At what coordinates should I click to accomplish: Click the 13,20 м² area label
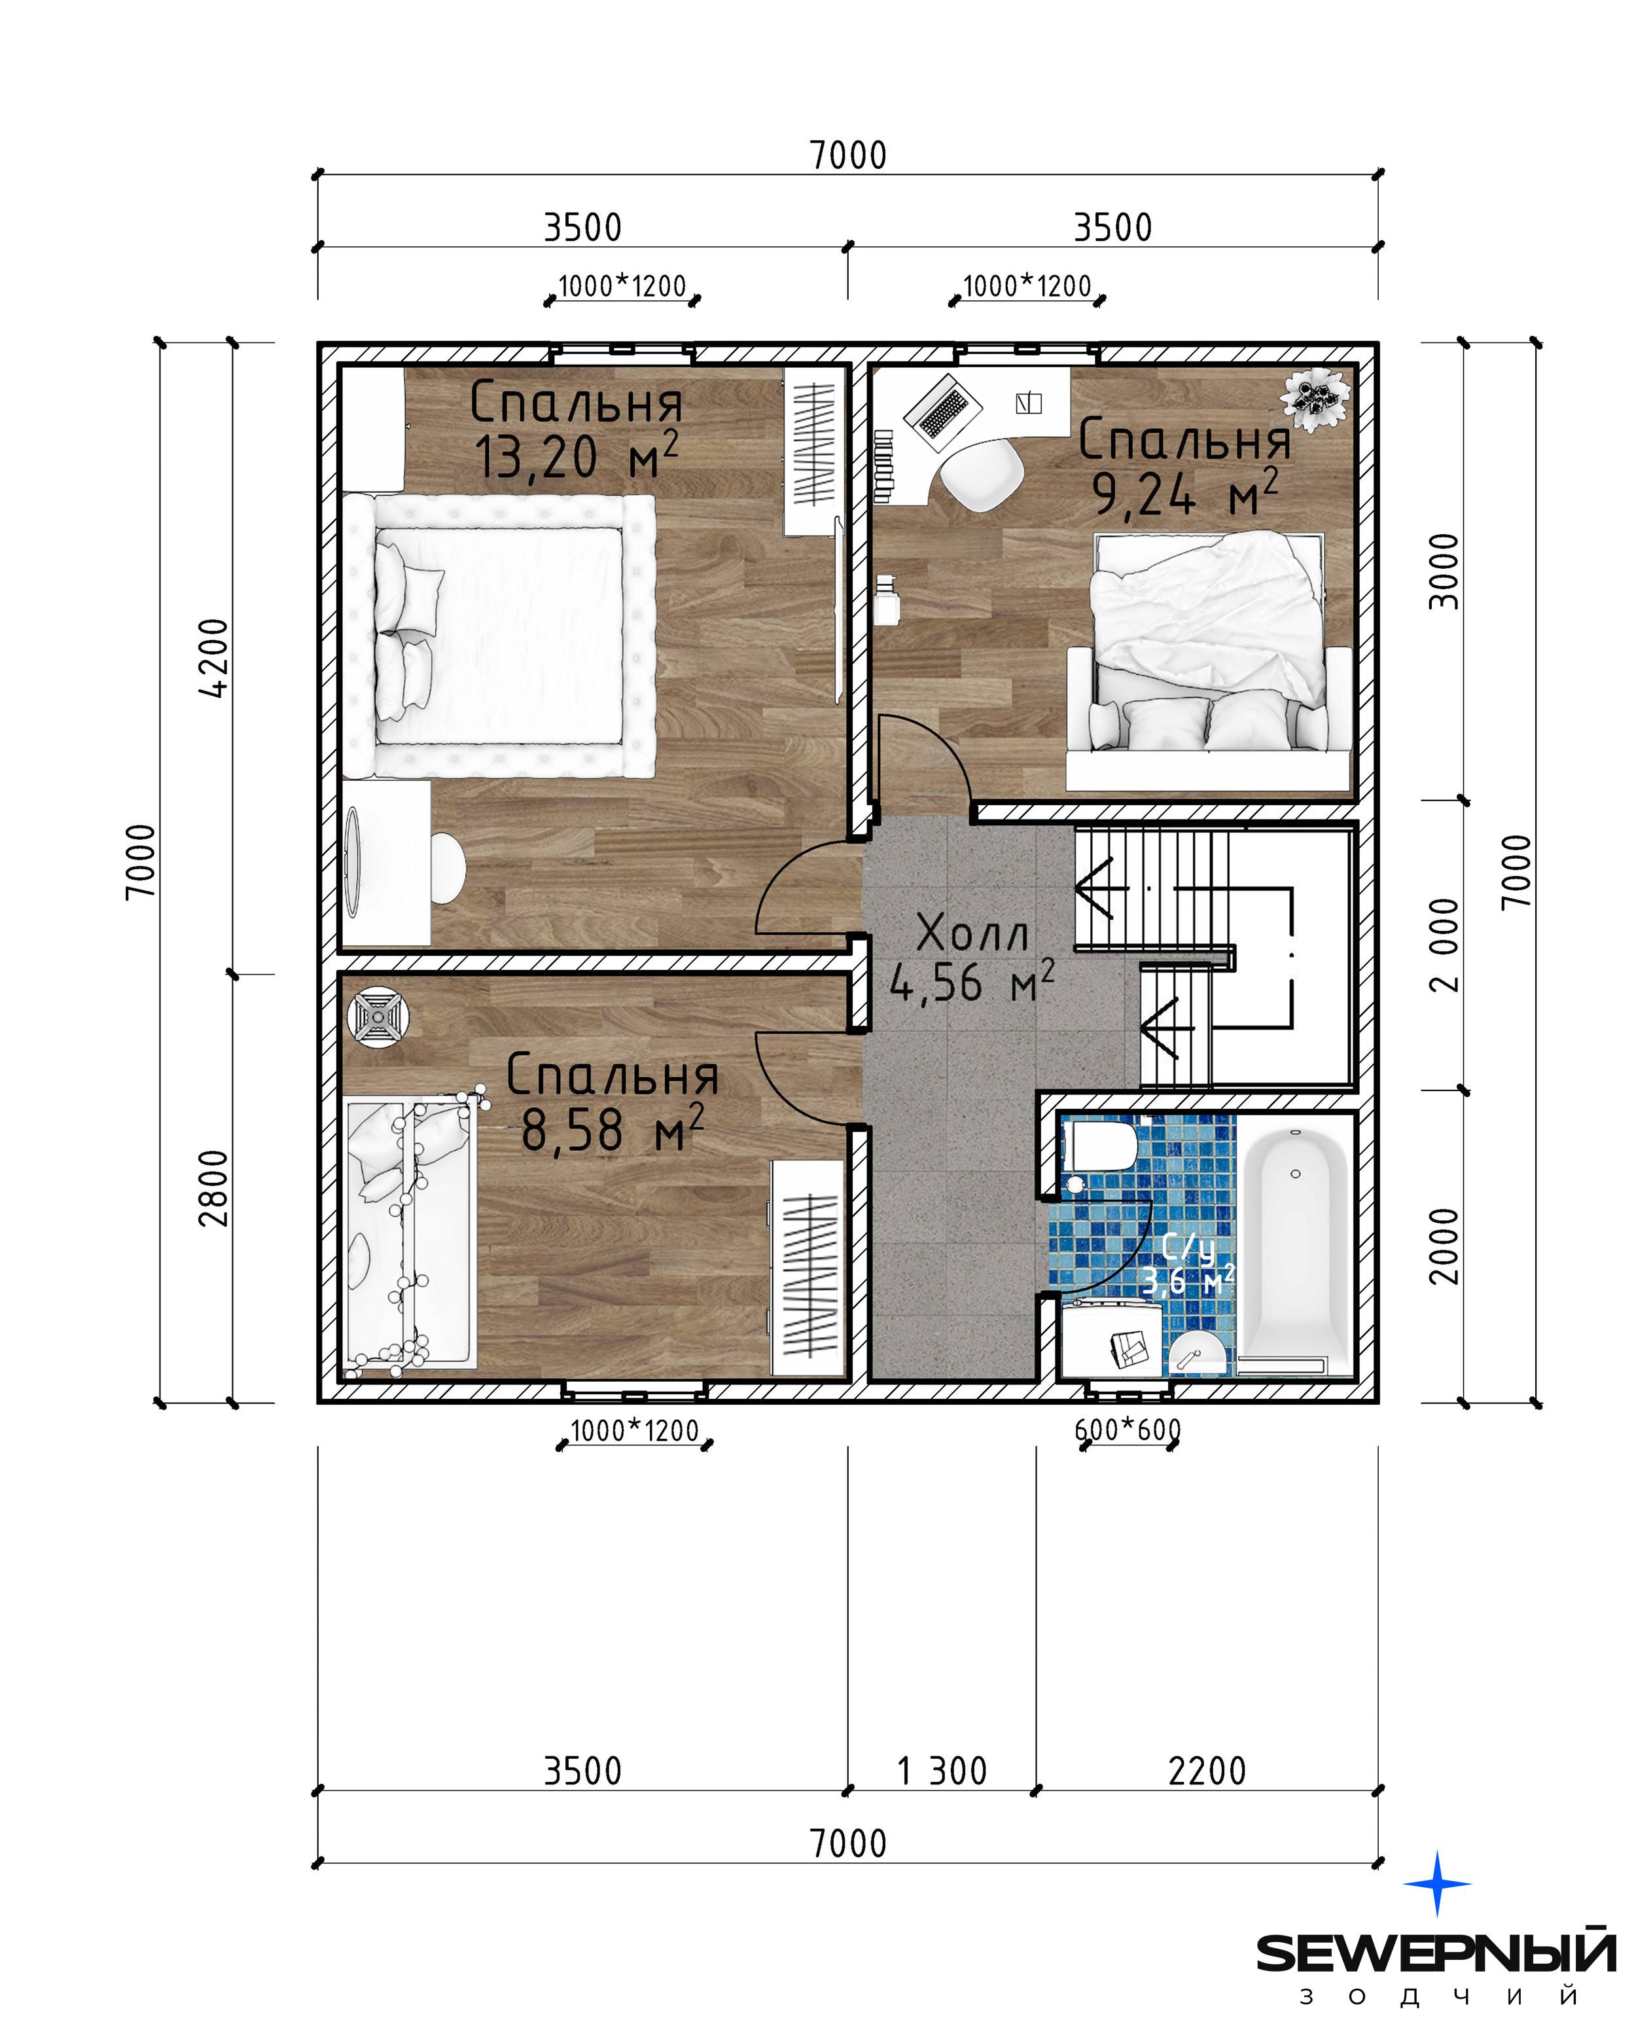coord(576,456)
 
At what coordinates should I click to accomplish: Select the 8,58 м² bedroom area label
coord(612,1129)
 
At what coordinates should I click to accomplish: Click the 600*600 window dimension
coord(1127,1430)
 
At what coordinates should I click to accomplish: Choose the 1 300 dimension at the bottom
coord(942,1771)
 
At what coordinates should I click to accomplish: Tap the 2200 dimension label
coord(1207,1771)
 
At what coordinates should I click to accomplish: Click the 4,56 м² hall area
coord(972,983)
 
